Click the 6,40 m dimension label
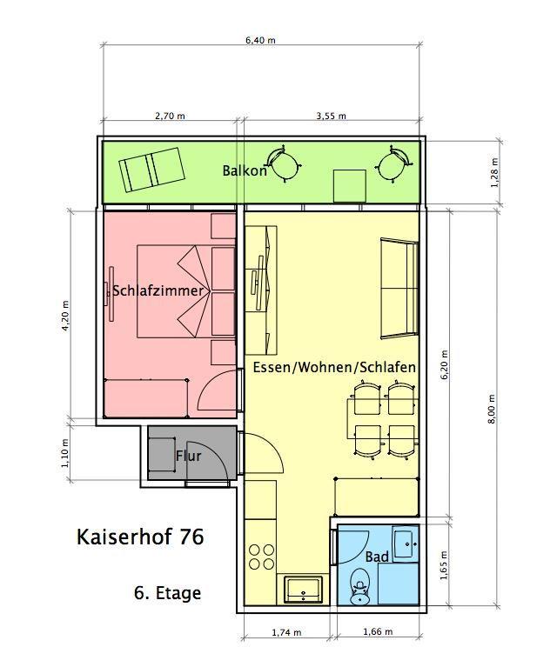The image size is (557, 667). [x=260, y=40]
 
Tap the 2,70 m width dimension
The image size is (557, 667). [x=170, y=116]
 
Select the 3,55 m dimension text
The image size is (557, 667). [x=331, y=116]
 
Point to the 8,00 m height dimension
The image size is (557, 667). [x=492, y=409]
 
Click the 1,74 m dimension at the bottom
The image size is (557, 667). [x=286, y=632]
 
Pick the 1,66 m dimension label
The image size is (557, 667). [x=378, y=631]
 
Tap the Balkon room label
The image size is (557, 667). [x=245, y=171]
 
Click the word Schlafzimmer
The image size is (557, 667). [x=158, y=291]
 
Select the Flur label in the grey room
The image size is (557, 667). [x=188, y=456]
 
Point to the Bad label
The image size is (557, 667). [x=377, y=557]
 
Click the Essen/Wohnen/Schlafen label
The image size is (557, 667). [x=334, y=367]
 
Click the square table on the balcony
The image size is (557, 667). [x=350, y=186]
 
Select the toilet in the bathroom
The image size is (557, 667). [x=360, y=587]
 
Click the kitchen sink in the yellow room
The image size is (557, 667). [x=303, y=589]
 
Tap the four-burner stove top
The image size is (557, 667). [x=261, y=557]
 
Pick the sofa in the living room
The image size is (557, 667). [x=399, y=289]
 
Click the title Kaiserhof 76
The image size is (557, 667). [x=140, y=537]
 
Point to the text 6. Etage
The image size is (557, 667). [x=167, y=592]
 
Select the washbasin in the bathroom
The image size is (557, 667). [x=406, y=544]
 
